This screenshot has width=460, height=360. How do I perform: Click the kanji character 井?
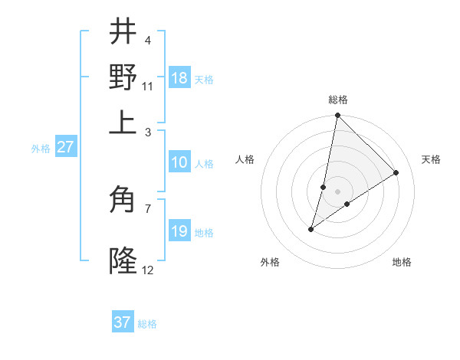click(123, 31)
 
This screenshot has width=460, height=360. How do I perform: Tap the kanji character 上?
click(123, 121)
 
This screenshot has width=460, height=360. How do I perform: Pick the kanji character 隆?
click(123, 260)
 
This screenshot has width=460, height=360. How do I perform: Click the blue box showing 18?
click(179, 78)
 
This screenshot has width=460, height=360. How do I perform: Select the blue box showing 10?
click(179, 162)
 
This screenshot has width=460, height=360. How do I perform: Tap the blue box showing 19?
click(179, 231)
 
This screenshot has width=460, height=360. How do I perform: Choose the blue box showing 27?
click(65, 147)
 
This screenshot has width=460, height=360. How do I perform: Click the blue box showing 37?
click(123, 322)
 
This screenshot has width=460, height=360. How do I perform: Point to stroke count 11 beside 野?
click(148, 86)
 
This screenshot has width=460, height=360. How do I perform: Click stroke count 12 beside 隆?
click(148, 270)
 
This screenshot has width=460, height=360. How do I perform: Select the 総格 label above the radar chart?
click(338, 100)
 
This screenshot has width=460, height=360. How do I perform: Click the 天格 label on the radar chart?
click(431, 159)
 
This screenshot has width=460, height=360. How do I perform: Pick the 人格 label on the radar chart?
click(245, 159)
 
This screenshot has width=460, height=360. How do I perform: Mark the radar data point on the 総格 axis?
click(337, 116)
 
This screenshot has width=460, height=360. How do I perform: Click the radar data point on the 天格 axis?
click(396, 172)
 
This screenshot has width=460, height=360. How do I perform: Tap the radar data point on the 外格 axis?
click(311, 229)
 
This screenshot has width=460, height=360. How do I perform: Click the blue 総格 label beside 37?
click(147, 324)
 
